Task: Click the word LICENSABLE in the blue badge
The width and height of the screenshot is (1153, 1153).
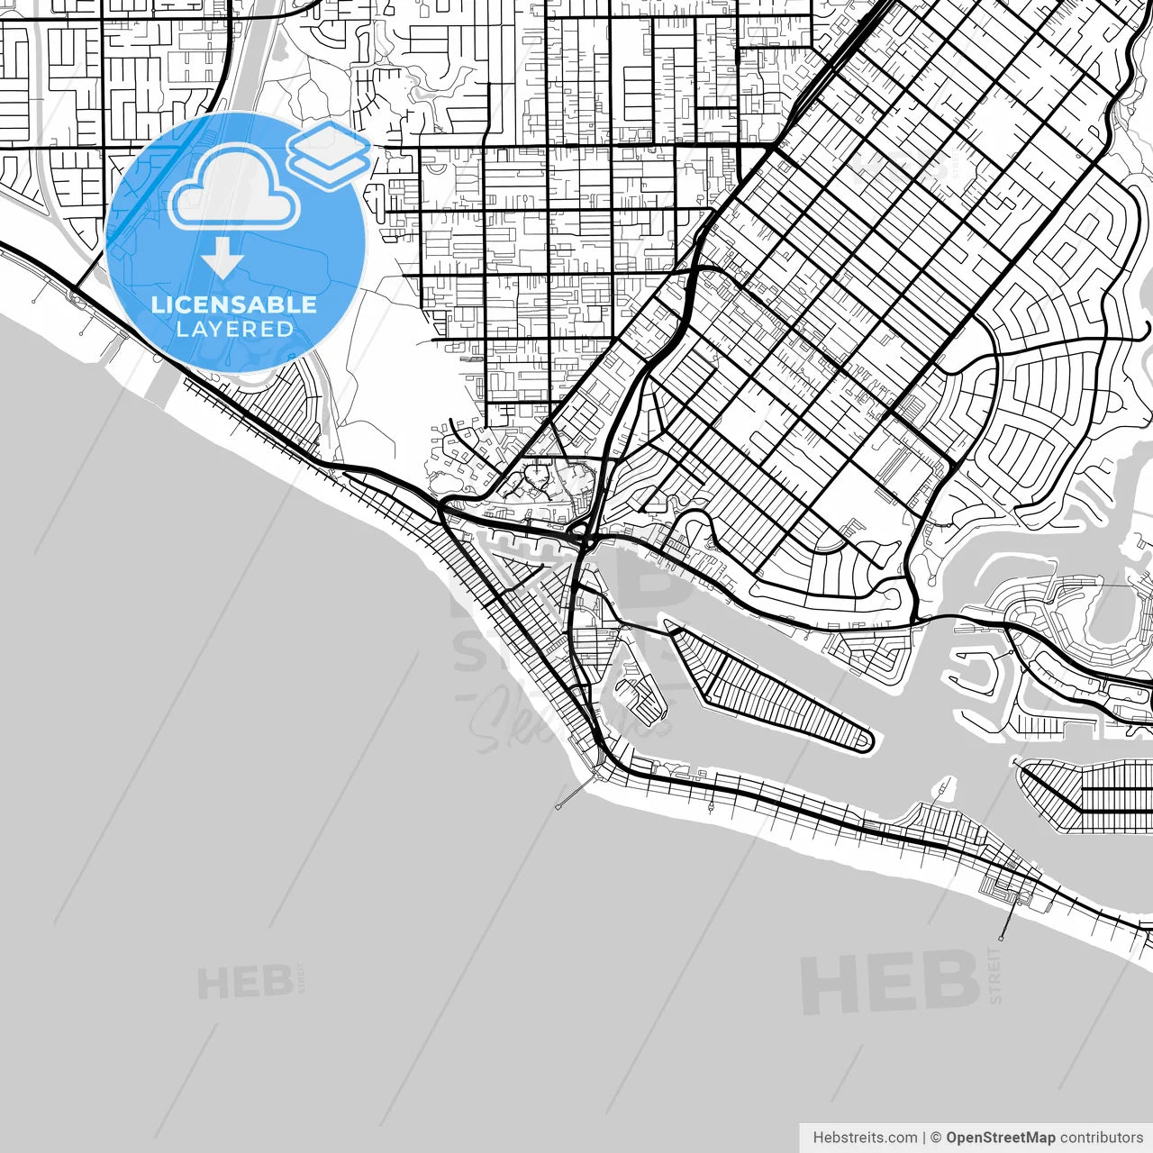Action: point(234,304)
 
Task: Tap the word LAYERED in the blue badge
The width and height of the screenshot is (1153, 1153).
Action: point(234,330)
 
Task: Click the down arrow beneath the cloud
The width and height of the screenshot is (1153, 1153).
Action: point(222,259)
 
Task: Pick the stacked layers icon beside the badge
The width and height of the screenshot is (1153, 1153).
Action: point(330,154)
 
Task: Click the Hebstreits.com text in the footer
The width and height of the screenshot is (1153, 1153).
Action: point(865,1138)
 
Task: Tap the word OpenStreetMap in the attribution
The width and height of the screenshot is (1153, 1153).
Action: point(1000,1138)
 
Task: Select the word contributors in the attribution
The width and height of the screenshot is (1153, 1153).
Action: point(1101,1138)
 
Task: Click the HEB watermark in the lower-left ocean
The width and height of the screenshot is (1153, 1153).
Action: point(245,982)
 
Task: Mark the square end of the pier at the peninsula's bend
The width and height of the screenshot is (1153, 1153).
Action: point(559,804)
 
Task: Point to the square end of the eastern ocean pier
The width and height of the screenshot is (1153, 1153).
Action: point(1002,937)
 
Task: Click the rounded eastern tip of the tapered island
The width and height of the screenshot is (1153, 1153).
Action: point(867,741)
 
